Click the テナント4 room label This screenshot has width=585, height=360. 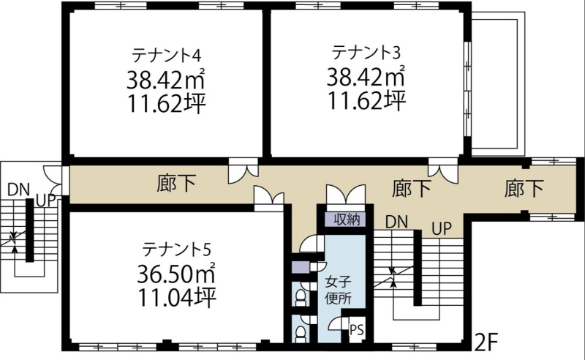[167, 56]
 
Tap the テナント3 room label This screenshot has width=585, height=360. [366, 52]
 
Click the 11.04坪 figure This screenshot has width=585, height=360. [177, 298]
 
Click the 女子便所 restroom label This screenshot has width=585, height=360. [338, 290]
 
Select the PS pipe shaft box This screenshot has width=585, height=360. [356, 330]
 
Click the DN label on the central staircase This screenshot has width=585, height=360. [396, 222]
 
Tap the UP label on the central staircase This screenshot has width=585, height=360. [442, 229]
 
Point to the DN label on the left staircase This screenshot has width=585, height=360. [19, 190]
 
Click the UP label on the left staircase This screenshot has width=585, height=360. [46, 200]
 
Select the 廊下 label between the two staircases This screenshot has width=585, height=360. [412, 188]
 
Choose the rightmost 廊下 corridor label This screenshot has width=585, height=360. [524, 188]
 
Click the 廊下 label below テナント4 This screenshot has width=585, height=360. [176, 184]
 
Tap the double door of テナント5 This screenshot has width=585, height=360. [269, 195]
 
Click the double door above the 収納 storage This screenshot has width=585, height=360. [345, 194]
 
